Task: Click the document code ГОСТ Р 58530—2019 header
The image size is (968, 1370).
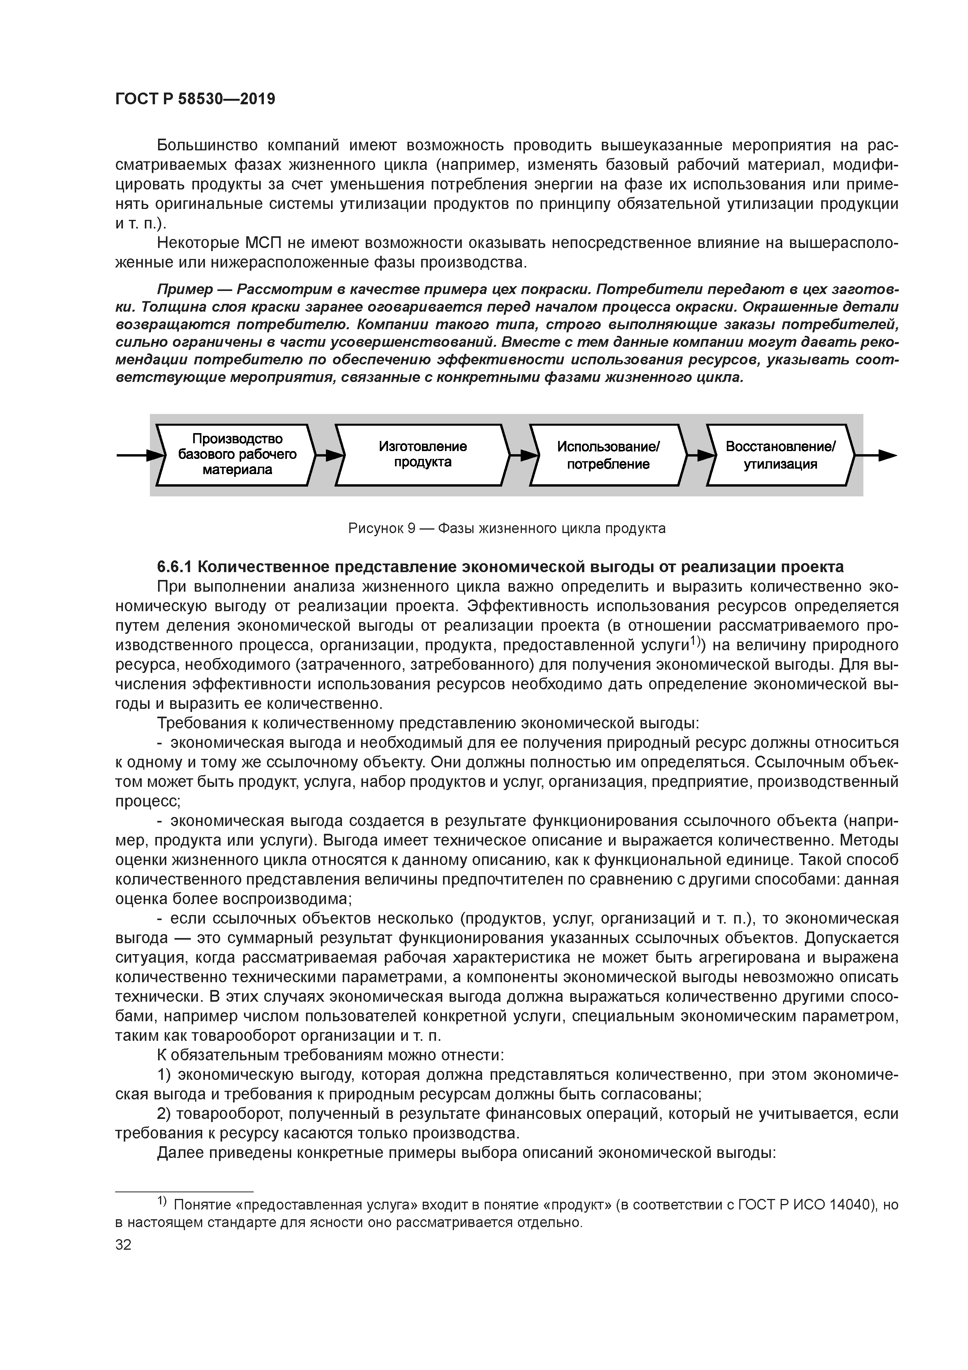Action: [195, 99]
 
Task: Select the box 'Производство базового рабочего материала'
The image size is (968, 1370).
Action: [237, 455]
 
